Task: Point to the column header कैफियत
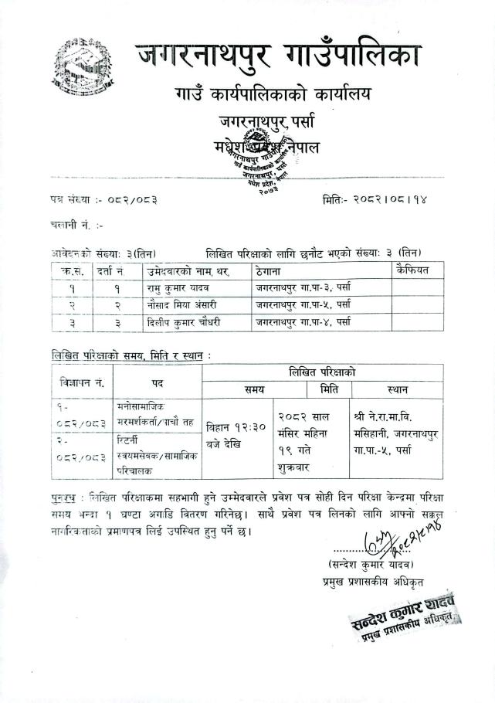[412, 271]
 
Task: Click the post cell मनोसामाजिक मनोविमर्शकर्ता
[152, 413]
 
